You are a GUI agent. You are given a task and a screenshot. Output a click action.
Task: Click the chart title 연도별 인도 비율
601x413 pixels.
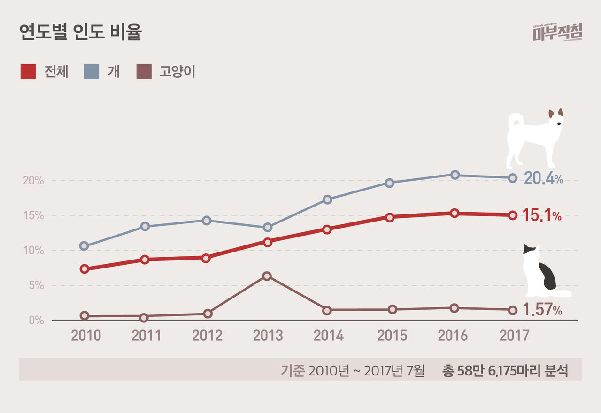point(80,32)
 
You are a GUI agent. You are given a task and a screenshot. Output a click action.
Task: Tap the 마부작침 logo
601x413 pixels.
point(557,32)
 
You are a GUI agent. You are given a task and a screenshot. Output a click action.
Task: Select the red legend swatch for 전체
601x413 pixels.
point(28,71)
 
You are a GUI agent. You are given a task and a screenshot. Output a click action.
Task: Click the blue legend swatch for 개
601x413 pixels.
point(92,71)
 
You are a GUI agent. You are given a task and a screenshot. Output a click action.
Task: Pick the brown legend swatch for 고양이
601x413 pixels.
point(144,71)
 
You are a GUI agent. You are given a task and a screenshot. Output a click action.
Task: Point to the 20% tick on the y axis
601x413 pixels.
point(33,181)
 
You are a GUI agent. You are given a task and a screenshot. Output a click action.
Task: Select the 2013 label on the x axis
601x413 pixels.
point(268,336)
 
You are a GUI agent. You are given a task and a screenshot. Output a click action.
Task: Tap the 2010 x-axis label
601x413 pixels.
point(86,336)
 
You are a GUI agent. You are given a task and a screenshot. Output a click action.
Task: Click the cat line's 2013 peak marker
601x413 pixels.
point(267,276)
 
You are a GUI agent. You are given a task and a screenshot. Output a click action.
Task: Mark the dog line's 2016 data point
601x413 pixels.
point(455,175)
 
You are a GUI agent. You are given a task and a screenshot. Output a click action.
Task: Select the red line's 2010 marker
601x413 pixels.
point(85,269)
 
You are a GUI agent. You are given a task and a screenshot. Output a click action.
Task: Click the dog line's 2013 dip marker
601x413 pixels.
point(267,227)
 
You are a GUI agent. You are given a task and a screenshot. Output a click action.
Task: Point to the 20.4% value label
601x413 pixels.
point(543,178)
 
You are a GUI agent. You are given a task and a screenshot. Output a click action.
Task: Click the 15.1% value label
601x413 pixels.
point(542,216)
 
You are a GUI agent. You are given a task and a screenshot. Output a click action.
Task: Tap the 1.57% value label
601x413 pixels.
point(542,310)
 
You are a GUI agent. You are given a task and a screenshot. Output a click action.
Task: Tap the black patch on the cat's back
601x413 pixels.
point(547,276)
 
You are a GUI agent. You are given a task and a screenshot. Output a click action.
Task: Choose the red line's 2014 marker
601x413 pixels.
point(327,229)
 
